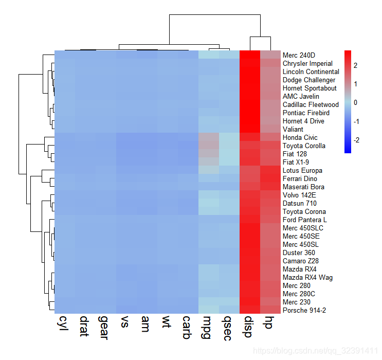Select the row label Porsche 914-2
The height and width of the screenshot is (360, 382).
(304, 310)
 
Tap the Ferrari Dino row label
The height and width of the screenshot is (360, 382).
(300, 178)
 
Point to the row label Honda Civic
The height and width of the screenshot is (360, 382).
(300, 137)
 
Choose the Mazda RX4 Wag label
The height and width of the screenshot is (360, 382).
(307, 277)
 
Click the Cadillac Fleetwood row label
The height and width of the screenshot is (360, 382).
(311, 104)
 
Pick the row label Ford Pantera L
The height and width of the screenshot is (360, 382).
(304, 220)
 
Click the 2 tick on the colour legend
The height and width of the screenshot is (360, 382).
(355, 65)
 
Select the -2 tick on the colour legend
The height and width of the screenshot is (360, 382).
(356, 140)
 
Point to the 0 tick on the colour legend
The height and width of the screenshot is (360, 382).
(355, 102)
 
